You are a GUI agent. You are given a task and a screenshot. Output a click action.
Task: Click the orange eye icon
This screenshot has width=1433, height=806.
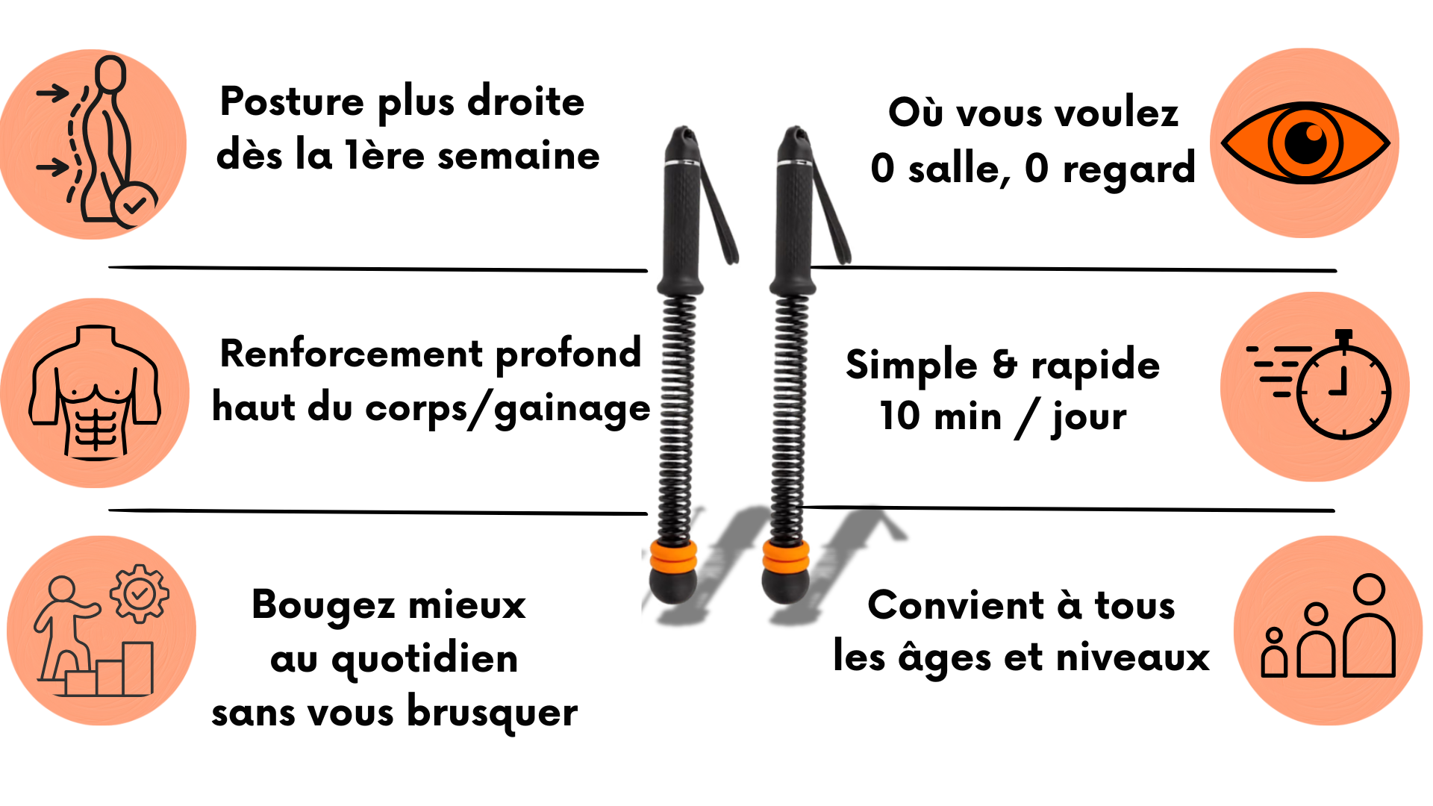(1305, 143)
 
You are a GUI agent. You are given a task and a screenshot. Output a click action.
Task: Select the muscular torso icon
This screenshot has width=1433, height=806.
(95, 392)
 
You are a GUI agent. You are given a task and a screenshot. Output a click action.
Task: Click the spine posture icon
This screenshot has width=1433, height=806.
(97, 142)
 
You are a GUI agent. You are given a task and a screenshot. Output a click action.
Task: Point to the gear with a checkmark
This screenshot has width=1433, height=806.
(140, 594)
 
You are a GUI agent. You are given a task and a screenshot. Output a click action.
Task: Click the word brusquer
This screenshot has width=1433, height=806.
(493, 713)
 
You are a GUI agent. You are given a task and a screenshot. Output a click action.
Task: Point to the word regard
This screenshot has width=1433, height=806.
(1129, 169)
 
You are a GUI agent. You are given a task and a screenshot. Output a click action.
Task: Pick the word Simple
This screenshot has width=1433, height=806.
(911, 366)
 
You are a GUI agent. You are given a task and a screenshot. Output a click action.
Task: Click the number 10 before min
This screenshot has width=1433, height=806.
(899, 416)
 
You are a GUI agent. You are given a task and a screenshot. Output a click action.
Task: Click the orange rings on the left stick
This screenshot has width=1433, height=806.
(673, 554)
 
